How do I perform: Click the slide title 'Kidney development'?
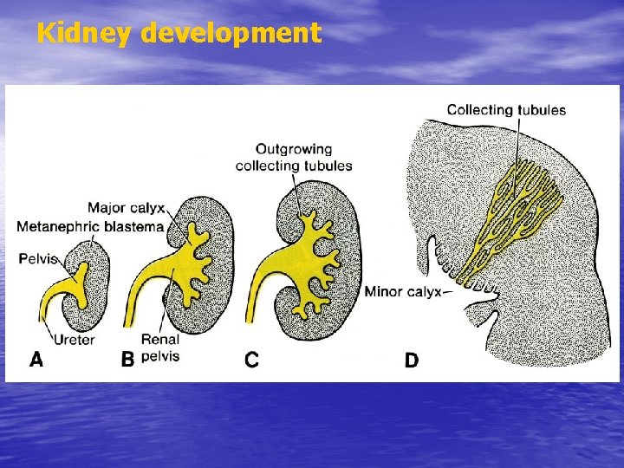coord(179,34)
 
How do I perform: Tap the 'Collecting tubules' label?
coord(506,110)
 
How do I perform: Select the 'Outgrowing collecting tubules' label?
coord(294,157)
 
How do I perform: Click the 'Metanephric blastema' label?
coord(90,227)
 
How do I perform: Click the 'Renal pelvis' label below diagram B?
coord(159,348)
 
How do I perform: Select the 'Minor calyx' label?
coord(403,292)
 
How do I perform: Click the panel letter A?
coord(36,360)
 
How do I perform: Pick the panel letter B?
coord(127,360)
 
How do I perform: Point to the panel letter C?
coord(251,360)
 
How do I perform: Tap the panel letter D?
coord(412,360)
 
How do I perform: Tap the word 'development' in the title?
coord(230,34)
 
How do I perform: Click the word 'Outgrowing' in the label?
coord(294,149)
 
